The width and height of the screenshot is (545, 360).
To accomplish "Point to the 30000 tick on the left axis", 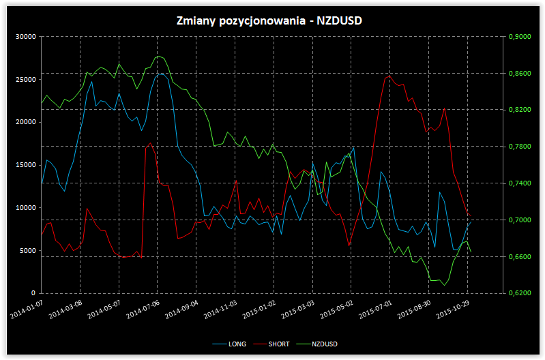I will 25,37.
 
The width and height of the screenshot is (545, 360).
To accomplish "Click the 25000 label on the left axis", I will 25,79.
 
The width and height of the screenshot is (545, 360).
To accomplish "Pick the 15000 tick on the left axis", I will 25,165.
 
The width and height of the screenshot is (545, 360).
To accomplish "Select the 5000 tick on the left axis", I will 27,250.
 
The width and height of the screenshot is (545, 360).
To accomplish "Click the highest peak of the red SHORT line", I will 389,76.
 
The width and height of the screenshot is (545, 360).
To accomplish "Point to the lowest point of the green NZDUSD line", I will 444,285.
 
